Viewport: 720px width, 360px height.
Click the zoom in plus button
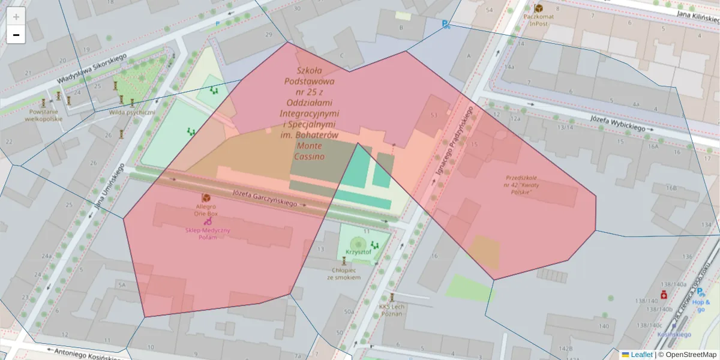16,16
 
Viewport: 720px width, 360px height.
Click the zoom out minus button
16,35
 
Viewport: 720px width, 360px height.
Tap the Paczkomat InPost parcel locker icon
538,8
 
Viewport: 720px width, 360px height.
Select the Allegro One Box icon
206,198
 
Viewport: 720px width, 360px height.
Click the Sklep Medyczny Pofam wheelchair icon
208,221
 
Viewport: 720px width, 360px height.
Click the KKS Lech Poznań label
392,310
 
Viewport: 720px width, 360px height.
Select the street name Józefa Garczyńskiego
265,198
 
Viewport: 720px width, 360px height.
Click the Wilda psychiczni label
132,112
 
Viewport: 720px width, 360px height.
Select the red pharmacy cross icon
664,295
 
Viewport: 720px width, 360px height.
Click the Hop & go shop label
701,306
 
